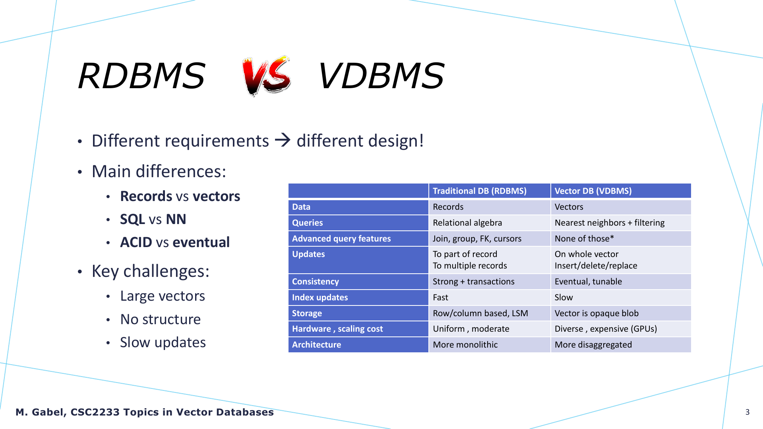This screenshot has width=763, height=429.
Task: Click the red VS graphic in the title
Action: click(267, 75)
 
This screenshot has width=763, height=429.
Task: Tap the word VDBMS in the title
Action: click(381, 75)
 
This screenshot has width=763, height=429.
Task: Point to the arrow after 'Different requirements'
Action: click(283, 140)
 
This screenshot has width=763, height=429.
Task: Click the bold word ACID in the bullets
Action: click(136, 242)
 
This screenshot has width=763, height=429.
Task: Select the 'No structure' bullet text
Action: click(161, 319)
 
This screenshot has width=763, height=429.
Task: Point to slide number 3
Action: click(748, 412)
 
